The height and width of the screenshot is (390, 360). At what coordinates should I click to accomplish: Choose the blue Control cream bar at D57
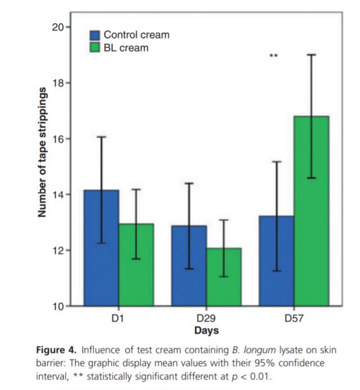[276, 261]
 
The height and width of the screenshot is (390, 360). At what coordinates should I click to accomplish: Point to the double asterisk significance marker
[273, 56]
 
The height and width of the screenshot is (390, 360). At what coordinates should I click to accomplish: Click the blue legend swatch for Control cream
[96, 35]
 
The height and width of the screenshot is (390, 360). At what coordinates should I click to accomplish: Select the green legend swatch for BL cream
[96, 48]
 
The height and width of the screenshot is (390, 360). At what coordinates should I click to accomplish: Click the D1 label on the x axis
[118, 319]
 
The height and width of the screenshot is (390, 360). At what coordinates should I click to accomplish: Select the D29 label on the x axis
[206, 319]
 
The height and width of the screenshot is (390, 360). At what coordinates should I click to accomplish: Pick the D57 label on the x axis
[294, 319]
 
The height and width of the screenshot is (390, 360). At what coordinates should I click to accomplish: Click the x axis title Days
[206, 330]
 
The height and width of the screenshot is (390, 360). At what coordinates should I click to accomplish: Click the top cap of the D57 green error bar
[311, 55]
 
